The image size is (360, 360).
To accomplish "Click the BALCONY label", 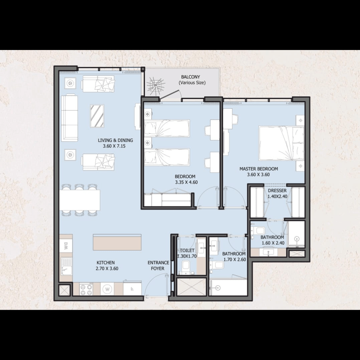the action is [190, 77].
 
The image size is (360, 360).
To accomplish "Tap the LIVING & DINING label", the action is [115, 140].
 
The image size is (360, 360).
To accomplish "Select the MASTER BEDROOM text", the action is [259, 169].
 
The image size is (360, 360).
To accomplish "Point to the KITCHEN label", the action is [105, 263].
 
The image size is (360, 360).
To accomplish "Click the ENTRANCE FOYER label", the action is [158, 266].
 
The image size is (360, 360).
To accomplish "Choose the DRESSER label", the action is [277, 191].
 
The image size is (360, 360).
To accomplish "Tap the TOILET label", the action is [187, 250].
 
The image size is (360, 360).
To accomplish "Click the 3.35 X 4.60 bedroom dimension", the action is [186, 182].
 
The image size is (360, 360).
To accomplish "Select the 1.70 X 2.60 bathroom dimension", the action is [235, 260].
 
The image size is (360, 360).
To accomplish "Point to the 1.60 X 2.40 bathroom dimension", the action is [273, 243].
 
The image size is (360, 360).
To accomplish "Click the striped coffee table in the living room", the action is [97, 116].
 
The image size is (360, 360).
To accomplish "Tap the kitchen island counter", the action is [117, 242].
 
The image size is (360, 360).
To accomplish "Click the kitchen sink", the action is [66, 266].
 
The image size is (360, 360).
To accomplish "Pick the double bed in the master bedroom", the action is [281, 143].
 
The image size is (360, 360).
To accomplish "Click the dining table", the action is [80, 200].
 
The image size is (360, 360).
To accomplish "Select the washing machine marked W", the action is [107, 289].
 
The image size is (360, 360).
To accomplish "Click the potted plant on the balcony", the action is [156, 86].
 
